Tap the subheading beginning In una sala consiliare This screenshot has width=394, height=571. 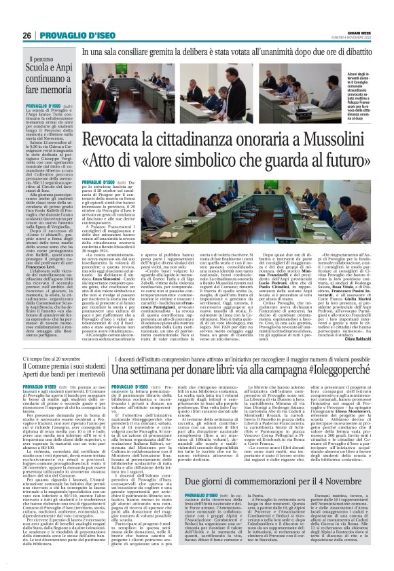[224, 50]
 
